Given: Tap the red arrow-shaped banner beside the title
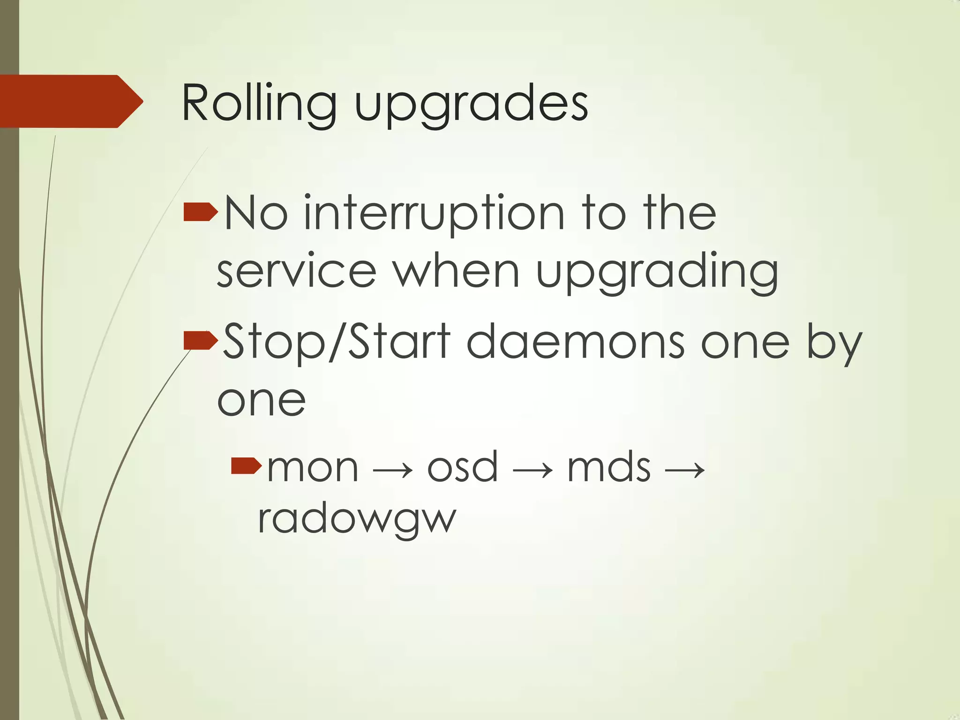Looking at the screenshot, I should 70,101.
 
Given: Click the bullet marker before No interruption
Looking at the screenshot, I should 201,213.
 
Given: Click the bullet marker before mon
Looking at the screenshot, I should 246,466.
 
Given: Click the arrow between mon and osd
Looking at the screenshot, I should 393,469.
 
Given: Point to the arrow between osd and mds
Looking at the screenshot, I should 532,469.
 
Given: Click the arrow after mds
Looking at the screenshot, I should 685,469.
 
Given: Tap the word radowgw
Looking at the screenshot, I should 356,519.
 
